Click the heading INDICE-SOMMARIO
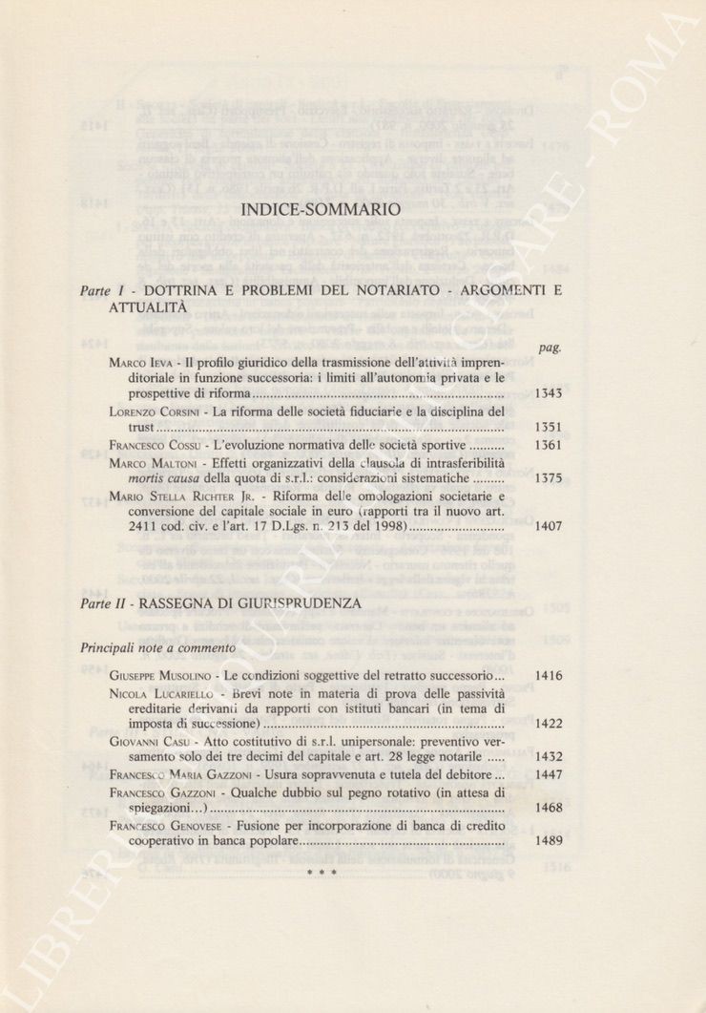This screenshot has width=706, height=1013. (x=322, y=209)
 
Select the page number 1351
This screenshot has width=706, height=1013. (x=549, y=429)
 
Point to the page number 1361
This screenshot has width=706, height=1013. (x=549, y=446)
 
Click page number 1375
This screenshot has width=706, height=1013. (x=549, y=478)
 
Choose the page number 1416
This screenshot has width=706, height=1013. (x=549, y=677)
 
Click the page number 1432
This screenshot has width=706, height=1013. (x=549, y=757)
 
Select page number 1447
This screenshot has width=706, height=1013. (x=549, y=774)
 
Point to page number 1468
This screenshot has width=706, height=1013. (x=549, y=808)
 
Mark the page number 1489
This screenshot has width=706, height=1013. (x=549, y=841)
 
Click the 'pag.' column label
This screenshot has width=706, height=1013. (x=550, y=349)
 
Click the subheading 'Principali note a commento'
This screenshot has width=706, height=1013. (x=157, y=648)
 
